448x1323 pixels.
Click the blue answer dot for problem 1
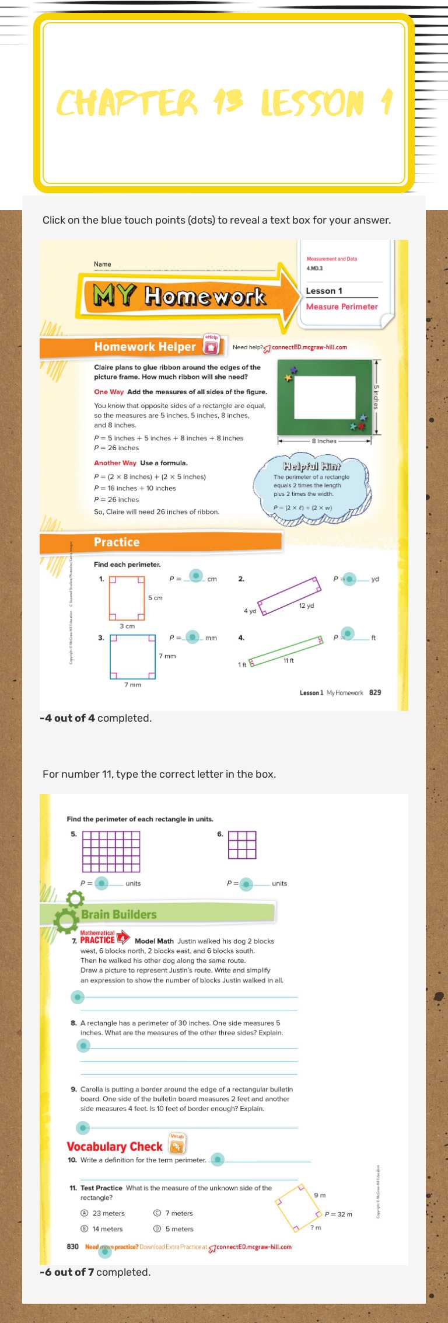(197, 576)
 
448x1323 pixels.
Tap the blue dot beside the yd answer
(349, 579)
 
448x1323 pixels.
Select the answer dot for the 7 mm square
(192, 637)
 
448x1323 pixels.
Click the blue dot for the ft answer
(348, 633)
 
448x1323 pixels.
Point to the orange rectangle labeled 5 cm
(127, 598)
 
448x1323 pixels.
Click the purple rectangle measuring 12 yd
(290, 596)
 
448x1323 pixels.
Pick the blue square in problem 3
(133, 656)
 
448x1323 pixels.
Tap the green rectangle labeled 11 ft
(286, 651)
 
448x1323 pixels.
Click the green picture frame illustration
(324, 396)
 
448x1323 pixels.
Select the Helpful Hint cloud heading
(311, 466)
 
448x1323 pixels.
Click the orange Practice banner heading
(117, 542)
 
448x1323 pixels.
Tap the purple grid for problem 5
(111, 851)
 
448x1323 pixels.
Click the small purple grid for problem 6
(242, 845)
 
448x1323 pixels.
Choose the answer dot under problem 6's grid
(246, 885)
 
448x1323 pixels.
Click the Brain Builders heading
(119, 914)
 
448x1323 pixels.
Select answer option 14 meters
(107, 1228)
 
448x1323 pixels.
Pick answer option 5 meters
(178, 1228)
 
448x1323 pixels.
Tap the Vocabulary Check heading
(114, 1147)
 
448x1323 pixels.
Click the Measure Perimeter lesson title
(342, 307)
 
